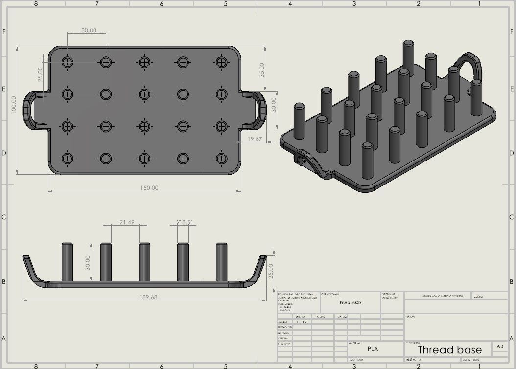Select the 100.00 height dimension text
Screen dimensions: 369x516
click(14, 105)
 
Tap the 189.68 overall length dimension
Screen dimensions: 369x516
click(147, 297)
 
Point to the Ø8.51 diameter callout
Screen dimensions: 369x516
click(185, 222)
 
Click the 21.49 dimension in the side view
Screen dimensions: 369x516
click(127, 222)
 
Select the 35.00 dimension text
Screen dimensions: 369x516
click(262, 70)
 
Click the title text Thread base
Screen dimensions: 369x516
click(449, 349)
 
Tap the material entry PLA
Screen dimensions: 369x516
click(373, 349)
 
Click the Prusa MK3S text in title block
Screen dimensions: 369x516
click(350, 302)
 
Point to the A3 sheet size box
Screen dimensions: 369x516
click(499, 346)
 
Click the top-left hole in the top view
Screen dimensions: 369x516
click(68, 62)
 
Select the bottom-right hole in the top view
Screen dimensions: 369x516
click(221, 158)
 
